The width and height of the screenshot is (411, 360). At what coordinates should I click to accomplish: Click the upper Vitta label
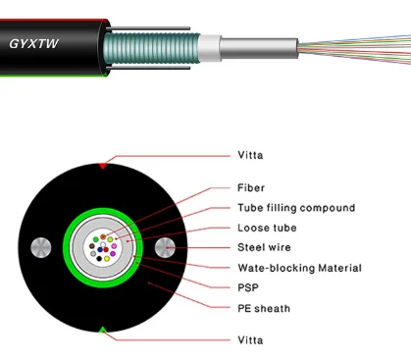[250, 155]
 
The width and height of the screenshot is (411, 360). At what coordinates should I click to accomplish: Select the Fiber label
[251, 186]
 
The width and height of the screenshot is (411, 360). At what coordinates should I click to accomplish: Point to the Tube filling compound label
[295, 207]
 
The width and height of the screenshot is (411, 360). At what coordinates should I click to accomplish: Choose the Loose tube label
[268, 228]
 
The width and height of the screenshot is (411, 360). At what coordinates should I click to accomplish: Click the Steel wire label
[266, 247]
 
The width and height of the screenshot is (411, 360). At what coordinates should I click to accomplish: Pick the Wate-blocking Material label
[299, 268]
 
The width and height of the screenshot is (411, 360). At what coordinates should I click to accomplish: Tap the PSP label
[247, 288]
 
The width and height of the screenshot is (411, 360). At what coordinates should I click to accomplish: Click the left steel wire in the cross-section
[40, 249]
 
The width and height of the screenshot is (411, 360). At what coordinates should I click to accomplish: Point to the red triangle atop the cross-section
[102, 166]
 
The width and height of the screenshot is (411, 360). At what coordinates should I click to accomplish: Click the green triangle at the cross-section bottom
[102, 330]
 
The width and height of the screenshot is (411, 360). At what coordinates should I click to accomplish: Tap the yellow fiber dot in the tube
[107, 258]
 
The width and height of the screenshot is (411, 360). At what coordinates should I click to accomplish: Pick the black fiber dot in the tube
[99, 258]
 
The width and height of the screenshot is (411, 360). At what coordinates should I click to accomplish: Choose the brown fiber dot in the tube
[92, 245]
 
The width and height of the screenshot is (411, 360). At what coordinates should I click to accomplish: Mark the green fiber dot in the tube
[96, 239]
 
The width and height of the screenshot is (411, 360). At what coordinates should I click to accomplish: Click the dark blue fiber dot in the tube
[100, 249]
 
